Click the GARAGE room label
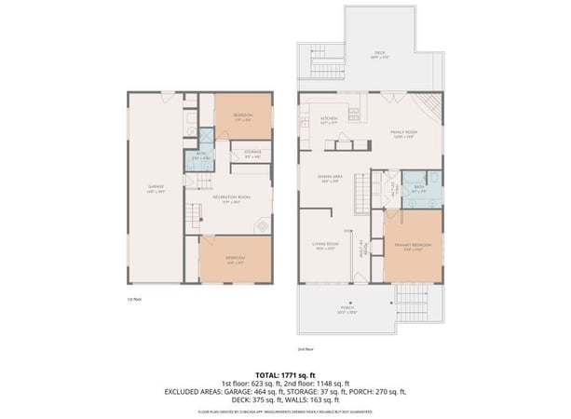point(156,188)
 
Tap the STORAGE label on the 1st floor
point(252,152)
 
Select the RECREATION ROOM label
point(233,197)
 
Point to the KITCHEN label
point(329,119)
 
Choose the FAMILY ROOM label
point(403,133)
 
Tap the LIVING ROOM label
point(324,247)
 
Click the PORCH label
point(346,306)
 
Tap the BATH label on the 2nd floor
point(419,187)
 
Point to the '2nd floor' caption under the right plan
point(304,349)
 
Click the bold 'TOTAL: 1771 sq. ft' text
point(285,373)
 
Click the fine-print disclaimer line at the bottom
point(285,411)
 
